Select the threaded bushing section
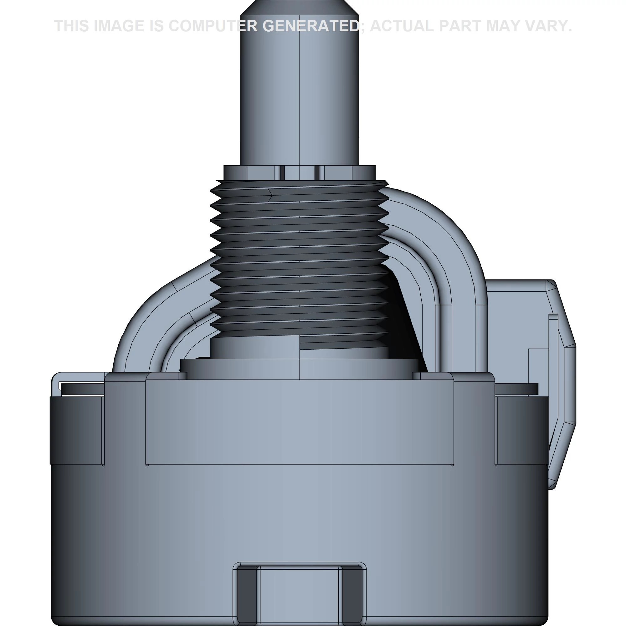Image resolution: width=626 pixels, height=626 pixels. coord(300,259)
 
